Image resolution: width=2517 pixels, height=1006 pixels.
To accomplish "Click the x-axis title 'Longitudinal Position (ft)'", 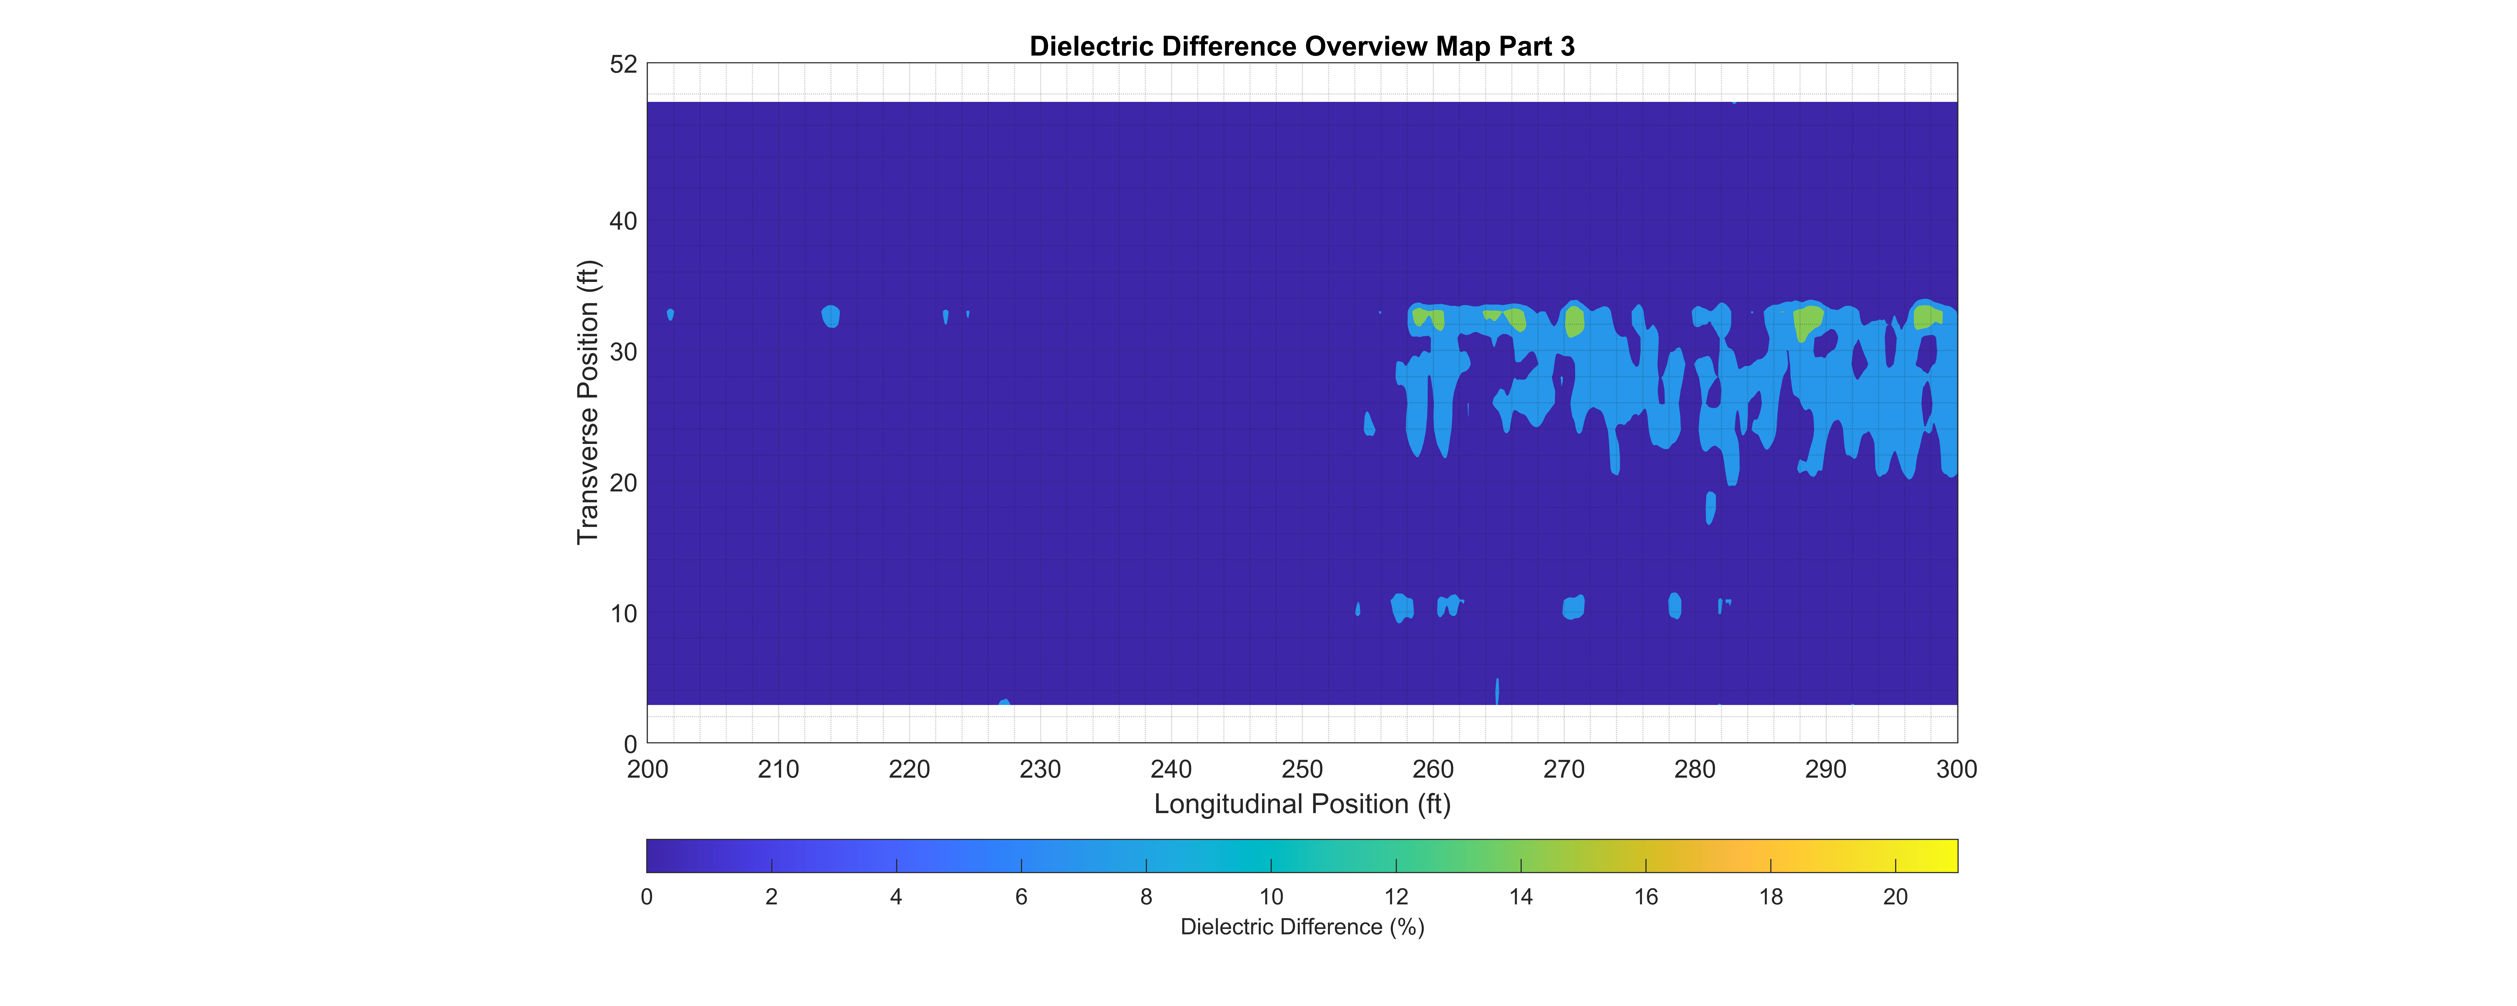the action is pos(1302,804).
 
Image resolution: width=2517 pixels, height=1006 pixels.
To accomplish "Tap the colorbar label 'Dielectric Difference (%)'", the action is pos(1302,927).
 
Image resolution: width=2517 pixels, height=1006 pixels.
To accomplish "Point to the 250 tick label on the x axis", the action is pos(1302,770).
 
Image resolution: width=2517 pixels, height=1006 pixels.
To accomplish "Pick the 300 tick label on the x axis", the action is pos(1956,770).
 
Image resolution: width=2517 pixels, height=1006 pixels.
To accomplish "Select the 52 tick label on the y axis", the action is pos(623,64).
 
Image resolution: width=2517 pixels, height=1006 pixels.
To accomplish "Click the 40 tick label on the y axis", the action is pos(623,222).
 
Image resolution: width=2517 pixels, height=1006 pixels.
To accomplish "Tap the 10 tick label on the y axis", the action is pos(623,614).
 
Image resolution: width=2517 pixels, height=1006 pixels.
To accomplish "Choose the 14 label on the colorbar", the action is pos(1520,897).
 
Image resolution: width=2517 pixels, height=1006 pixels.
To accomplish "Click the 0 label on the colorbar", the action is pos(647,897).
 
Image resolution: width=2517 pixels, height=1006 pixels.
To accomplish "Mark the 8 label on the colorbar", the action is pos(1146,897).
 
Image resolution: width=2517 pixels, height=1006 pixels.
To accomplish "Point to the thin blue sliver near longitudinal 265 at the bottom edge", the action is pos(1497,691).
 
